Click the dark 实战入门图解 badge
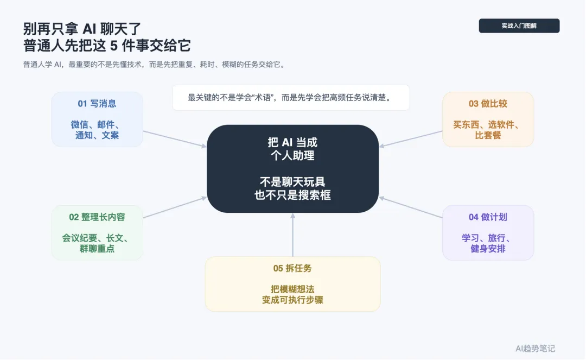coord(519,26)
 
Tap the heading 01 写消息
coord(97,104)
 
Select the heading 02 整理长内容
coord(97,217)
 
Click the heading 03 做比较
coord(488,104)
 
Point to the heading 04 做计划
coord(488,217)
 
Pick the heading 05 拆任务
coord(292,268)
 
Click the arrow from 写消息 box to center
coord(175,138)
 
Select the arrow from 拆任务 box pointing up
coord(292,235)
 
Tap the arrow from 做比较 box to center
coord(411,138)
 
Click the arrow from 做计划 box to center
coord(411,207)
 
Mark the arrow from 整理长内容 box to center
coord(175,207)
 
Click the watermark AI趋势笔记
coord(535,349)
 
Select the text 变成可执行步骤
coord(292,300)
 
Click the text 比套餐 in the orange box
coord(488,135)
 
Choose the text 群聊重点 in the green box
coord(97,249)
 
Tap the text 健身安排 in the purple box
coord(488,249)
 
